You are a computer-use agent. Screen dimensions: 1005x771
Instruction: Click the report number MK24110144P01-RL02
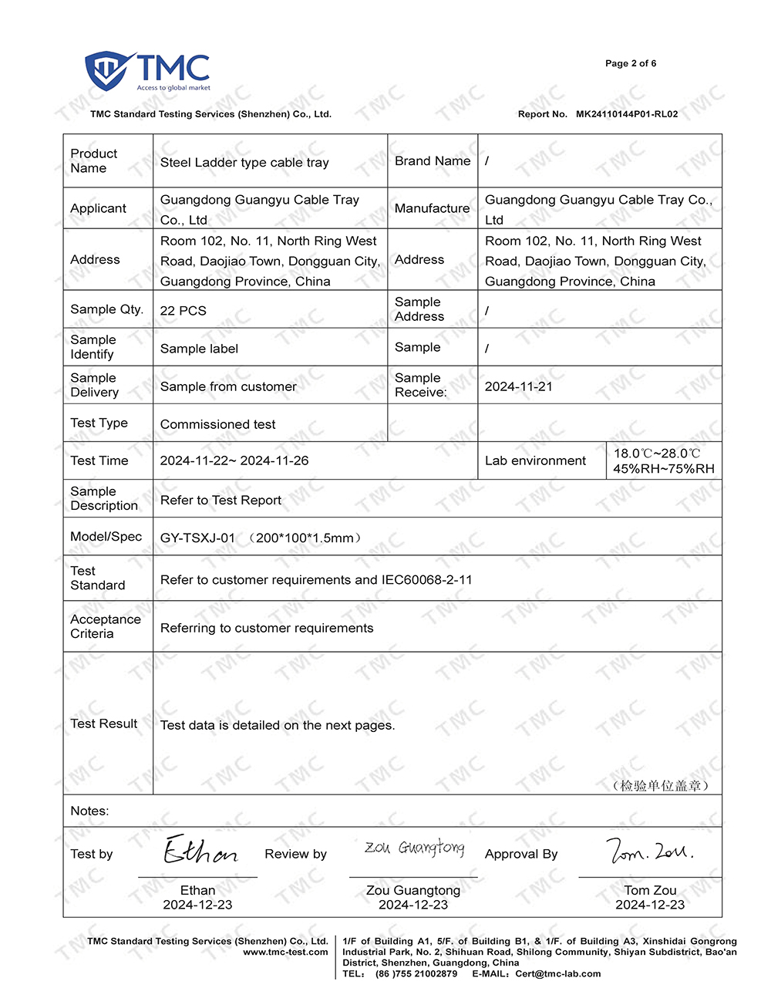[x=627, y=114]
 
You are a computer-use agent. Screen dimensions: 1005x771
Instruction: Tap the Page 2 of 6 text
[x=631, y=63]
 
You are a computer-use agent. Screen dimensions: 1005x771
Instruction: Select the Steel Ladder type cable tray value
[x=244, y=162]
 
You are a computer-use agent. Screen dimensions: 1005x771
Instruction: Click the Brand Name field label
[x=432, y=160]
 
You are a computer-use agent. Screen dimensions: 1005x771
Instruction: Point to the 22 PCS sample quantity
[x=183, y=310]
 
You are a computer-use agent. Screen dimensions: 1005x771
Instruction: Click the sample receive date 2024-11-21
[x=518, y=386]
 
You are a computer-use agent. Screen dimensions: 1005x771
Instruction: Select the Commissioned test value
[x=217, y=424]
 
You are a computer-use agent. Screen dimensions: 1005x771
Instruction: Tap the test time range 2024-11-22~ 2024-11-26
[x=234, y=460]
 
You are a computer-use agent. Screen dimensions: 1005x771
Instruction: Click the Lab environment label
[x=535, y=460]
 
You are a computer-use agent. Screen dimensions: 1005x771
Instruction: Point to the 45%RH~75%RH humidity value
[x=664, y=468]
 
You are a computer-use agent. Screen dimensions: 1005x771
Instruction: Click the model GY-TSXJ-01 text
[x=197, y=538]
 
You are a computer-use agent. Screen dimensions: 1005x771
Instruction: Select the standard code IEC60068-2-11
[x=426, y=579]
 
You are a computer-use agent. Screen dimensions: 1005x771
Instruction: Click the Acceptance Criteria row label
[x=106, y=626]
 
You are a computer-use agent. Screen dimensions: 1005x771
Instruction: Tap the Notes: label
[x=89, y=811]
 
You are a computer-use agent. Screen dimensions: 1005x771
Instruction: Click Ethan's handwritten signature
[x=200, y=851]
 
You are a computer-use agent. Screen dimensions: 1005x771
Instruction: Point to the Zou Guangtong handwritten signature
[x=414, y=848]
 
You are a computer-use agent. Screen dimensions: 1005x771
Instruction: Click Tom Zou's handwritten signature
[x=649, y=851]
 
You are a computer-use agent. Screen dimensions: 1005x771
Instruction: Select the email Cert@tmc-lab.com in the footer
[x=558, y=973]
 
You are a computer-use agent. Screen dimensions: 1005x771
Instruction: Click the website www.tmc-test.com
[x=285, y=952]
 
